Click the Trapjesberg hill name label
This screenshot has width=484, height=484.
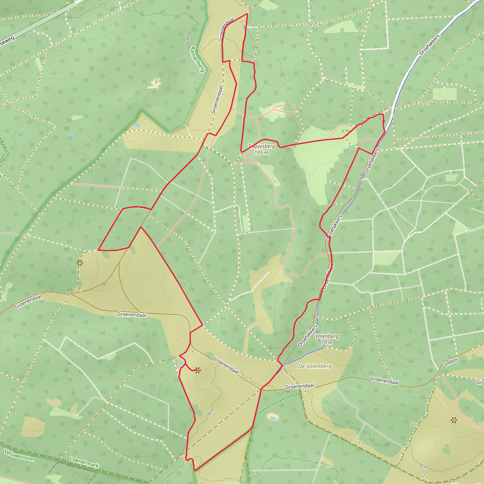point(261,146)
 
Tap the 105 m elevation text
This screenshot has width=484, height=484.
point(262,152)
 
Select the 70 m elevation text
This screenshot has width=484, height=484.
point(327,342)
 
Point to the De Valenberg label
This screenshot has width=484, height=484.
point(315,366)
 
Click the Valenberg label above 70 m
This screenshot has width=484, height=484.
point(327,336)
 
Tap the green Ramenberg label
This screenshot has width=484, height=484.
point(197,59)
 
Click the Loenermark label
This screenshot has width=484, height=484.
point(84,462)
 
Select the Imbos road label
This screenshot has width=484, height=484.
point(451,362)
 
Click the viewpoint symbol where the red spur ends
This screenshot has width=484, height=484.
point(198,370)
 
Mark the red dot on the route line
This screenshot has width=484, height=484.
point(384,121)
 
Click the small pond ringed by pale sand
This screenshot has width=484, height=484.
point(272,417)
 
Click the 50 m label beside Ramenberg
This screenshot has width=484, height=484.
point(187,40)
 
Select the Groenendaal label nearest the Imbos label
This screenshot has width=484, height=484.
point(384,380)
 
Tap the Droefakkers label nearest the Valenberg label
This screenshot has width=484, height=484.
point(307,336)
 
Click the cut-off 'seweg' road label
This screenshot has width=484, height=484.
point(7,42)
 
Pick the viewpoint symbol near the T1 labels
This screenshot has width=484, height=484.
point(454,420)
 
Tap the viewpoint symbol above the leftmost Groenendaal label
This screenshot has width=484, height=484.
point(80,263)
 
